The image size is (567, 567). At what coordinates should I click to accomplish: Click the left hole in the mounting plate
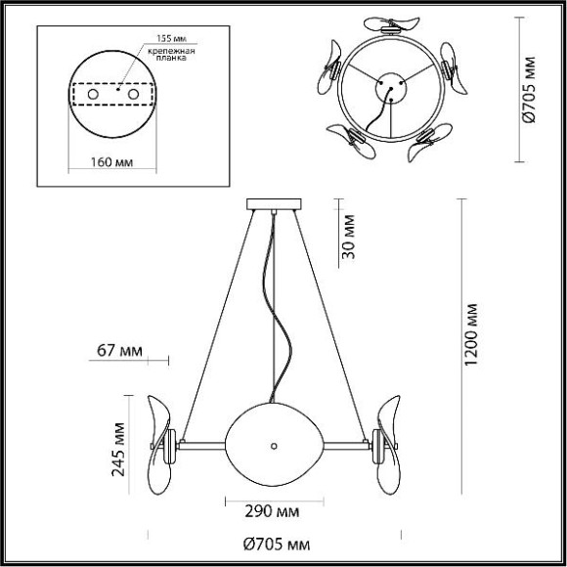[95, 94]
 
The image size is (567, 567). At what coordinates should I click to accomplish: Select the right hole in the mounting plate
[133, 94]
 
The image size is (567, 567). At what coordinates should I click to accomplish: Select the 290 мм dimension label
[271, 511]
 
